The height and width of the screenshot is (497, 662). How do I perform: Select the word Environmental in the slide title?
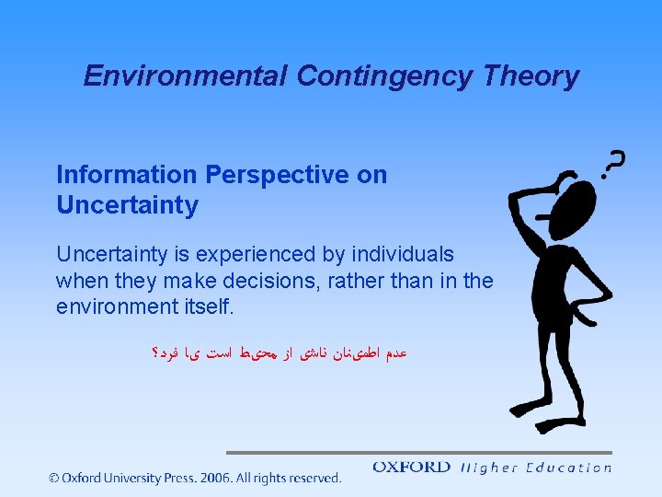[x=187, y=75]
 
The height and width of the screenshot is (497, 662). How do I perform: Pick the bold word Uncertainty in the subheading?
[x=127, y=205]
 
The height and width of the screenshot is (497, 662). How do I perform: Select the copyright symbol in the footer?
[x=54, y=478]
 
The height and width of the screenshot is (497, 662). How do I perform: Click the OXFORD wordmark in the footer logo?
[x=411, y=468]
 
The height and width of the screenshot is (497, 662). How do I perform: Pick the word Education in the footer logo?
[x=568, y=468]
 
